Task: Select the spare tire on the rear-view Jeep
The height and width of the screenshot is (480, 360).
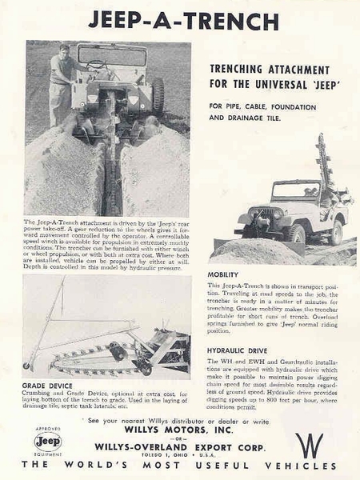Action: pyautogui.click(x=158, y=97)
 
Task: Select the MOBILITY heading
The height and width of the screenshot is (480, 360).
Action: pyautogui.click(x=223, y=274)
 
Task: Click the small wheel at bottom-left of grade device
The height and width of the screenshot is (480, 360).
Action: pyautogui.click(x=26, y=366)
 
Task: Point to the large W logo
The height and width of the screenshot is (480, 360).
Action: pyautogui.click(x=310, y=445)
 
